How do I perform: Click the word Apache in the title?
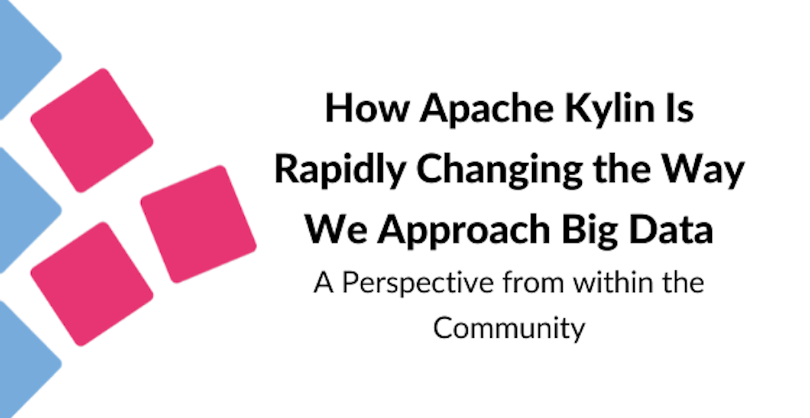[487, 109]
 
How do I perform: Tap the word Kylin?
[610, 108]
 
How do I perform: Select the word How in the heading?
[367, 108]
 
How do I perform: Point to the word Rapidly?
[340, 170]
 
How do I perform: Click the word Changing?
[500, 171]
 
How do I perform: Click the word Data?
[671, 230]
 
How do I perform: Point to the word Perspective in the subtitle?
[418, 283]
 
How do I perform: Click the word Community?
[509, 328]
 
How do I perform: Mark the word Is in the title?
[680, 108]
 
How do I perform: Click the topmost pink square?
[92, 130]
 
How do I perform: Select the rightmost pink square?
[198, 224]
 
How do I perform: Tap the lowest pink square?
[92, 284]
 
